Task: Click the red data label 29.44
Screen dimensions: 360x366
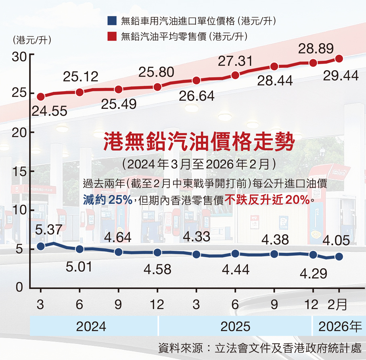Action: click(x=341, y=75)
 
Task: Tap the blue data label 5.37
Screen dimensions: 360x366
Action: click(x=49, y=230)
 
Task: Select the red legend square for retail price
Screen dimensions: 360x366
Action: click(x=112, y=37)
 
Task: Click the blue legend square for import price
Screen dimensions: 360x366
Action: click(x=112, y=20)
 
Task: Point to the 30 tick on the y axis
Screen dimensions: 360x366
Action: click(x=19, y=56)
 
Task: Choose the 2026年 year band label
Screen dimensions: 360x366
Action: click(x=340, y=326)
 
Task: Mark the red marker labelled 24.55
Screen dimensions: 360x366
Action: click(x=40, y=97)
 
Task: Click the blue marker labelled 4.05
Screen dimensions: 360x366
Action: click(x=339, y=256)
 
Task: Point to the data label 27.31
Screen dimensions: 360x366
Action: click(x=235, y=62)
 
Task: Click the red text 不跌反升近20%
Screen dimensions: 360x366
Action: click(x=267, y=199)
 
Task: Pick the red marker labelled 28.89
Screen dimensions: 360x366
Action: click(x=313, y=63)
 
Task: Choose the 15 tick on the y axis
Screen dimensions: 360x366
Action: click(x=19, y=171)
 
